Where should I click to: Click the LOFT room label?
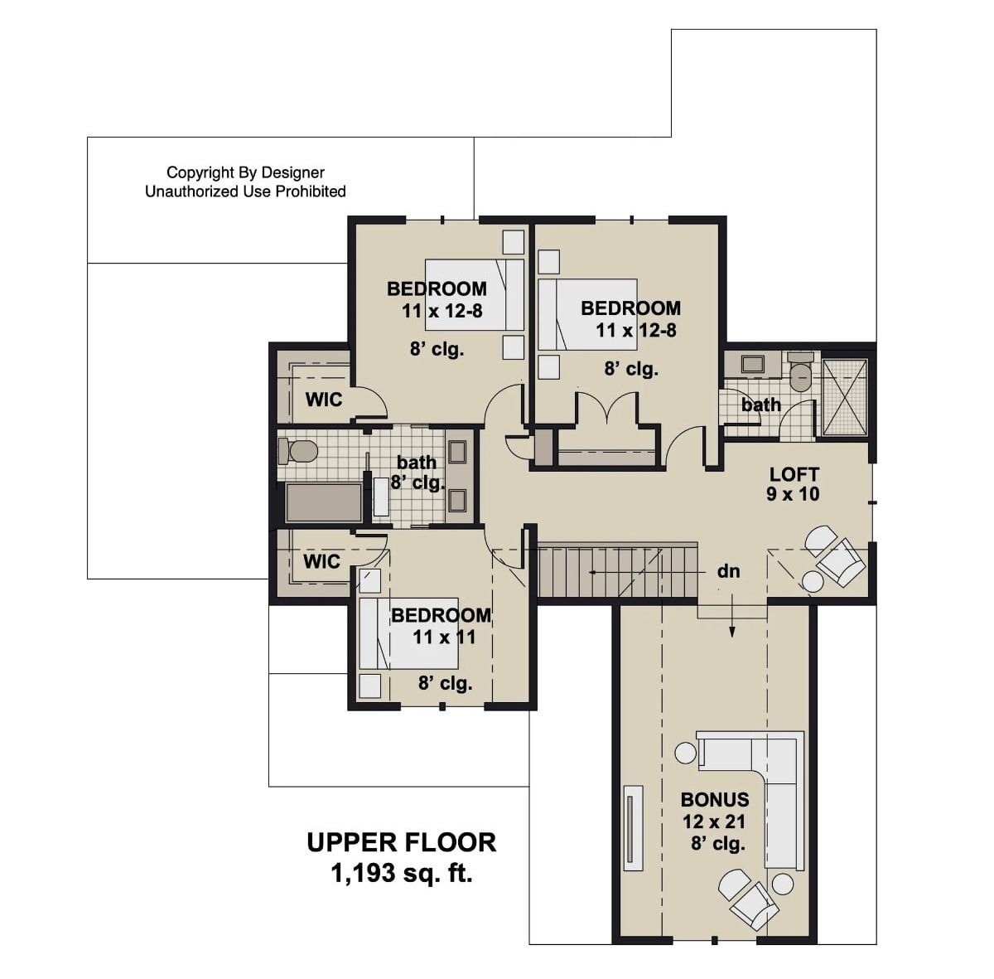click(x=794, y=474)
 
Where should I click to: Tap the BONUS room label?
click(x=714, y=800)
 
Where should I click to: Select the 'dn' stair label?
click(x=728, y=571)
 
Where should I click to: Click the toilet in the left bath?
click(x=299, y=452)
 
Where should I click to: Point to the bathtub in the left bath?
click(x=323, y=502)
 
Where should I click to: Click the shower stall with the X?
click(x=844, y=396)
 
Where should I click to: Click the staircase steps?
click(x=617, y=571)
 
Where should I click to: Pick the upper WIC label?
click(x=323, y=400)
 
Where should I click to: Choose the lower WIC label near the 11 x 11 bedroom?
click(x=321, y=561)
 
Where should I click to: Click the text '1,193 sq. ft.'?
click(x=402, y=872)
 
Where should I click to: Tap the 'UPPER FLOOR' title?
click(x=402, y=842)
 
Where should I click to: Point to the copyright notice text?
click(x=245, y=182)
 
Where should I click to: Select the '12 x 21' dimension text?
click(x=714, y=822)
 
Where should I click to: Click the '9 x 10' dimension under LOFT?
click(x=794, y=495)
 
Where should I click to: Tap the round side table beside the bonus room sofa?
click(x=686, y=754)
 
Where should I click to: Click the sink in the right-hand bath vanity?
click(x=753, y=364)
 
